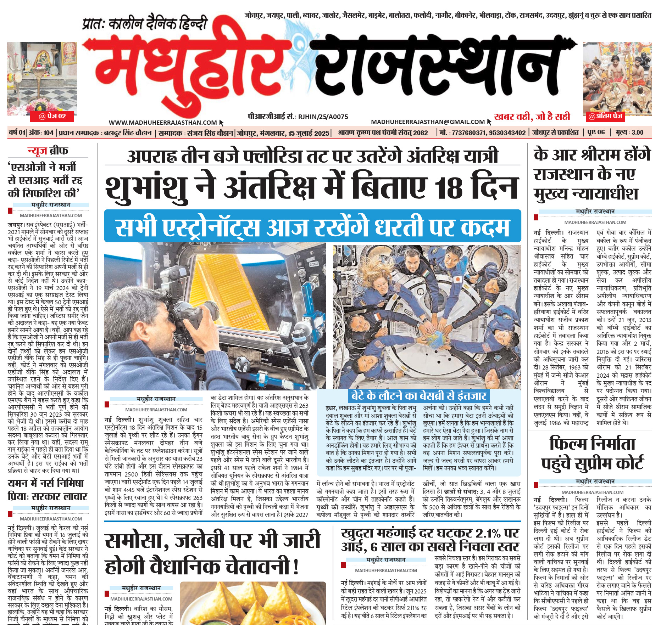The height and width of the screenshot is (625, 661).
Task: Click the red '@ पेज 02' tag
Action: (x=52, y=116)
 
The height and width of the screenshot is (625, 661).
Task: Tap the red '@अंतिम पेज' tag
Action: (x=605, y=116)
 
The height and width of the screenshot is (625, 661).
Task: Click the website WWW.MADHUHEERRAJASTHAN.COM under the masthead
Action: (x=162, y=123)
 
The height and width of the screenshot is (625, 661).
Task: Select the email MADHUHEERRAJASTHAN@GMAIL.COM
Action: (x=428, y=122)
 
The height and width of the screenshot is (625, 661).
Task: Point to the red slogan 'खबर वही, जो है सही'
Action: (x=532, y=117)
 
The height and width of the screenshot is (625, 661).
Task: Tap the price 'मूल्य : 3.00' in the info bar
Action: (x=629, y=133)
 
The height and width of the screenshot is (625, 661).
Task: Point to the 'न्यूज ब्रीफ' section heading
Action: (x=48, y=151)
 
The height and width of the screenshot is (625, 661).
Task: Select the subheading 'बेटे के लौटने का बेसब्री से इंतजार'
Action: (x=418, y=395)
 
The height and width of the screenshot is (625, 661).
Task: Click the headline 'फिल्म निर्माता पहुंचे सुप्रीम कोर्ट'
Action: (x=592, y=454)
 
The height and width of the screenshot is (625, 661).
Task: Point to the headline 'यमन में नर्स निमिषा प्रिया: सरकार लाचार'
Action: (x=48, y=490)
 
